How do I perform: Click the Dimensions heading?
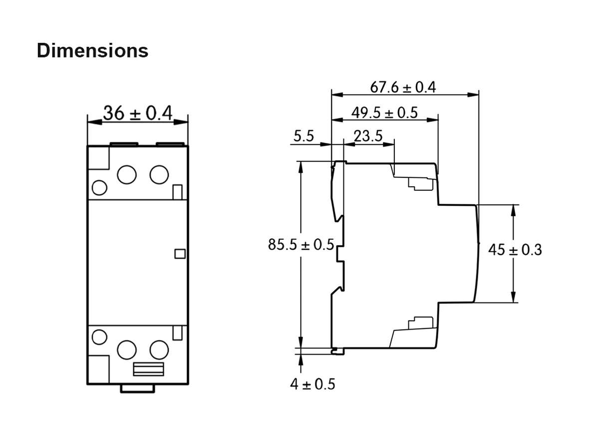tap(92, 50)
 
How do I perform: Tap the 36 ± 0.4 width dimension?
tap(137, 113)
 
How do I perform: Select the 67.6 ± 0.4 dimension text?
tap(403, 87)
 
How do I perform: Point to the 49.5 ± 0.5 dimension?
tap(384, 113)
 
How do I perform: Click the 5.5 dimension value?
tap(303, 136)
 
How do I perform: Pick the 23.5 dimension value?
tap(368, 136)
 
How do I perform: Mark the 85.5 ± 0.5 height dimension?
tap(301, 245)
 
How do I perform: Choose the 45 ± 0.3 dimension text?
tap(515, 250)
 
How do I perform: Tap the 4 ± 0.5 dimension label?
tap(313, 384)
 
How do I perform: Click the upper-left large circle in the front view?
tap(127, 174)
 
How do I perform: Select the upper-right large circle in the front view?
tap(159, 174)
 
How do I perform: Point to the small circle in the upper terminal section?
tap(100, 188)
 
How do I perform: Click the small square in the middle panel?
tap(180, 254)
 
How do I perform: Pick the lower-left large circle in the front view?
tap(127, 349)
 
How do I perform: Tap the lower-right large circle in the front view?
tap(159, 349)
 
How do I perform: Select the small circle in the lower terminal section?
tap(100, 337)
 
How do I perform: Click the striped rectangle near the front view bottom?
tap(148, 369)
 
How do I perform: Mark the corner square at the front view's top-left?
tap(98, 158)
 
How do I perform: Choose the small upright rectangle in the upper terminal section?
tap(177, 192)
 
